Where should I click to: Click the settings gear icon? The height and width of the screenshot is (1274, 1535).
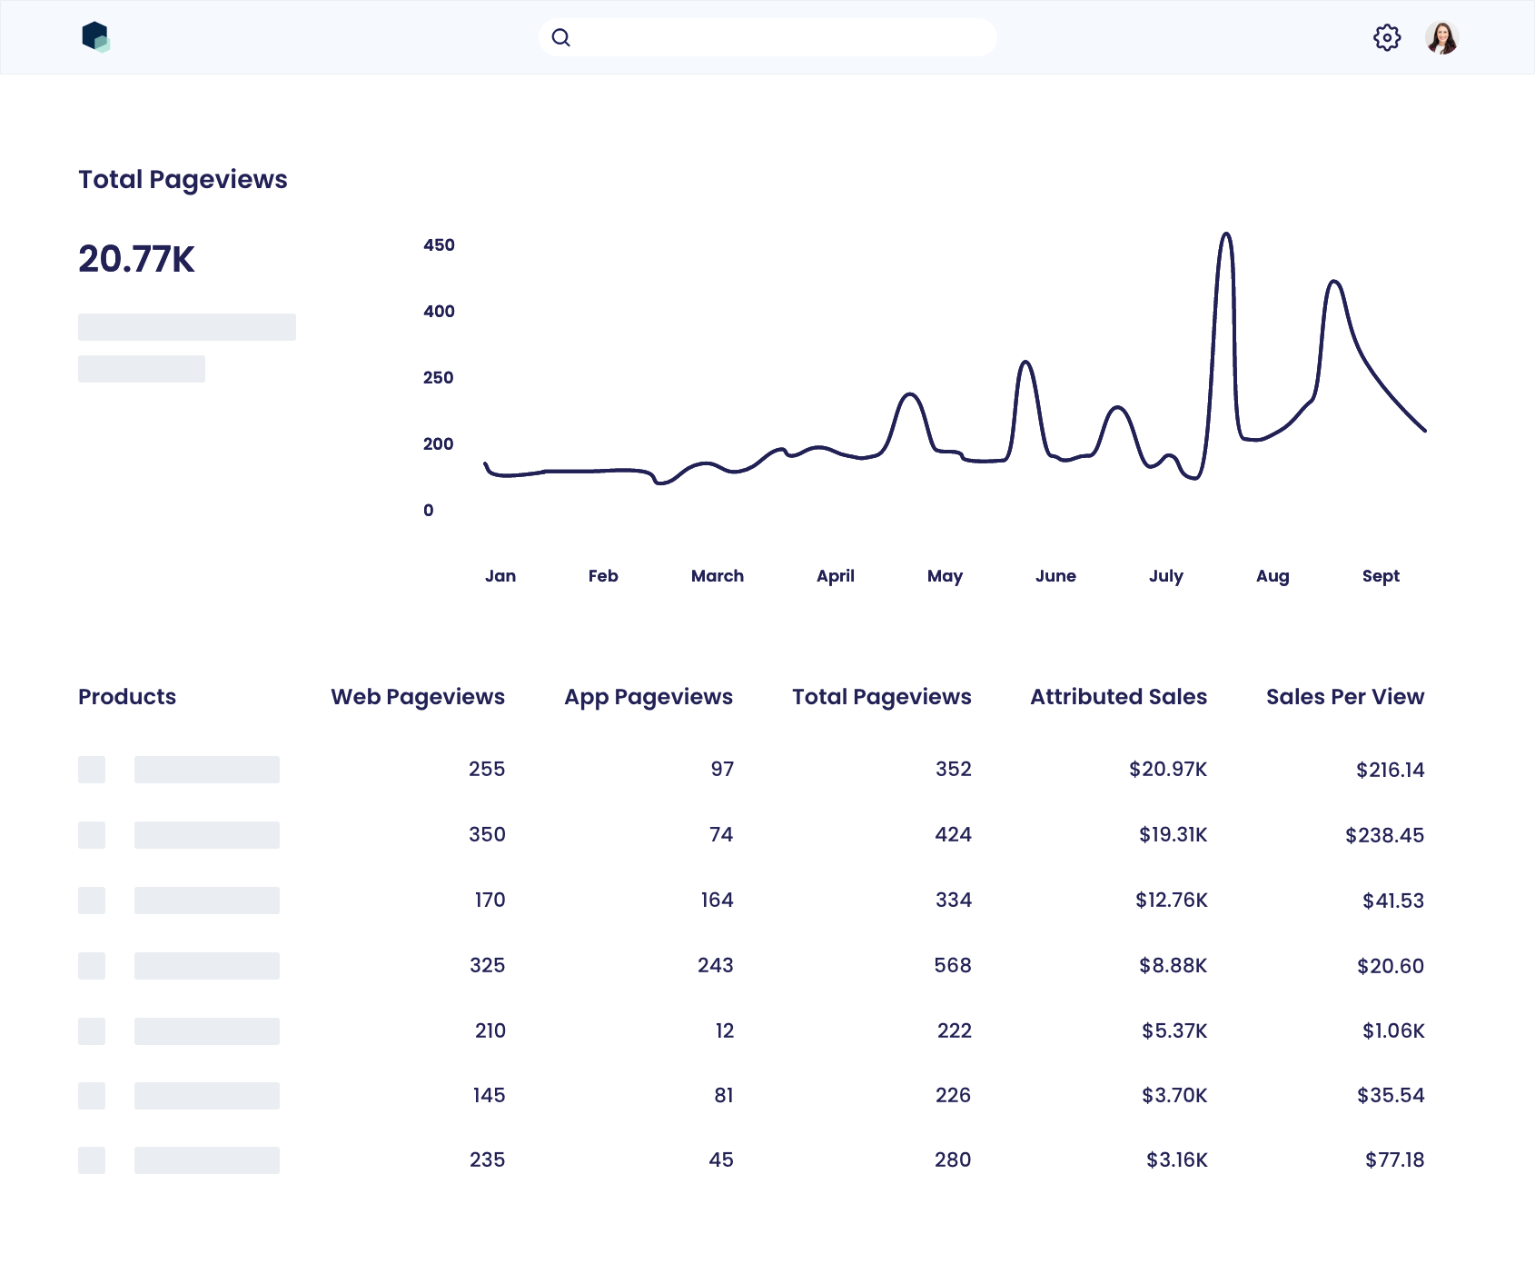tap(1386, 38)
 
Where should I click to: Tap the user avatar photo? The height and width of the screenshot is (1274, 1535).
tap(1441, 38)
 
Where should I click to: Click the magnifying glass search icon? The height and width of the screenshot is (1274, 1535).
tap(561, 38)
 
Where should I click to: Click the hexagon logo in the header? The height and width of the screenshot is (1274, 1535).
tap(95, 37)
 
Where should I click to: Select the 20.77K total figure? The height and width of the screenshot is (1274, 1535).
tap(136, 259)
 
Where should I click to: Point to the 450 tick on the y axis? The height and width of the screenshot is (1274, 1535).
tap(439, 245)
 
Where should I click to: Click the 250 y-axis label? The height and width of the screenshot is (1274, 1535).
tap(438, 378)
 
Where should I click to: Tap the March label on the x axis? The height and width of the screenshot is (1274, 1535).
tap(717, 576)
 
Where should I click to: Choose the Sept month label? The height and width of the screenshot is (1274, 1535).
tap(1380, 576)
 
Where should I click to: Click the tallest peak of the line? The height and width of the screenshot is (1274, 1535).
tap(1226, 234)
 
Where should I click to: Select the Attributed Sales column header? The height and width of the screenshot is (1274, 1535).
tap(1118, 697)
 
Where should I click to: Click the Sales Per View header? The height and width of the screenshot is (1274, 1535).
tap(1344, 697)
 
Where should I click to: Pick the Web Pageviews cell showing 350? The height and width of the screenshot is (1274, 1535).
tap(487, 835)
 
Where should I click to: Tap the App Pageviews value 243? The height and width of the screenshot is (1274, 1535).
tap(715, 966)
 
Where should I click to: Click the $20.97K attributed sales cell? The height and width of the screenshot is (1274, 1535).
tap(1167, 770)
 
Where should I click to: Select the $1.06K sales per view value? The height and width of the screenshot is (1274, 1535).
tap(1392, 1031)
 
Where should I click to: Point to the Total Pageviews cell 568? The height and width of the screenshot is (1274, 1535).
tap(952, 966)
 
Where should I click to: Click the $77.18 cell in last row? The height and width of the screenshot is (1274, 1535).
tap(1393, 1160)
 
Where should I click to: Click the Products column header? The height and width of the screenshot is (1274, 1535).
tap(127, 697)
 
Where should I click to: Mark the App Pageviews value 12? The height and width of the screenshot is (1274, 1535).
tap(724, 1031)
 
